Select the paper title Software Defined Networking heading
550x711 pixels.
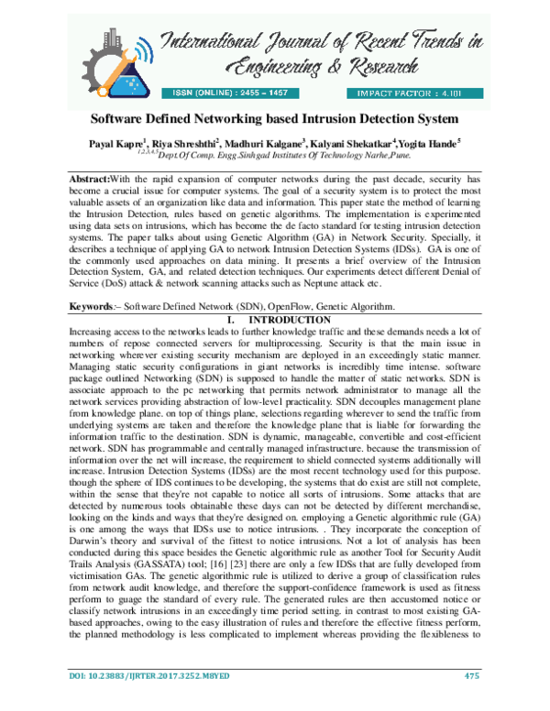pyautogui.click(x=273, y=120)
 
